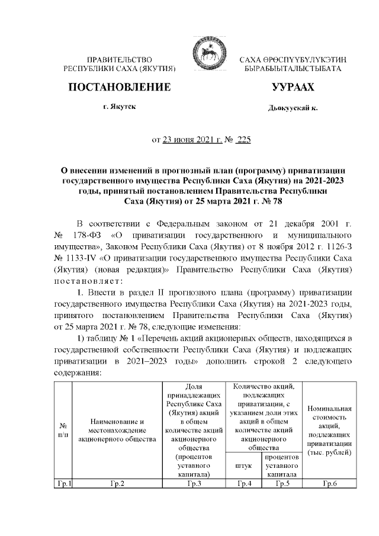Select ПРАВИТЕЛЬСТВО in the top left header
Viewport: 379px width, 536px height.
pos(120,60)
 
